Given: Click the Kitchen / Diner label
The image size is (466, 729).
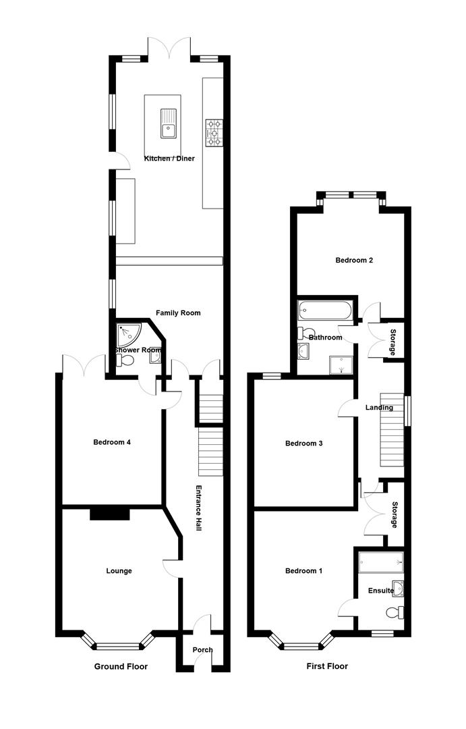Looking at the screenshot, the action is click(x=169, y=159).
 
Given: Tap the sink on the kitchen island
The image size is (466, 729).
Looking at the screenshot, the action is click(x=169, y=124).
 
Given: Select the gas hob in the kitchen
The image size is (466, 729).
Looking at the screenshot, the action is click(x=214, y=132).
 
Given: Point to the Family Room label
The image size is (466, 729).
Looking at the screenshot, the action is click(x=178, y=313).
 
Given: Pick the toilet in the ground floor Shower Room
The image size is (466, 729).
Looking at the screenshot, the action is click(x=125, y=360).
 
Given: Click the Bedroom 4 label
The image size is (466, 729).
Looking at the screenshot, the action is click(x=111, y=442).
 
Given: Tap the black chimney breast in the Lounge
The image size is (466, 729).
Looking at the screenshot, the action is click(x=110, y=513).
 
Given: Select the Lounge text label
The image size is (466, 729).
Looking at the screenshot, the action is click(x=119, y=571).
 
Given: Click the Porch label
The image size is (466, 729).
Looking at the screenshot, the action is click(x=202, y=650).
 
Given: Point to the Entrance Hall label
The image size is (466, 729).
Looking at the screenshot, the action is click(x=198, y=508).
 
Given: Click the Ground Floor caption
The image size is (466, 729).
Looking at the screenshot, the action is click(x=121, y=666).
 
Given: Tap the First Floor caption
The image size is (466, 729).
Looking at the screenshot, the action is click(x=327, y=666).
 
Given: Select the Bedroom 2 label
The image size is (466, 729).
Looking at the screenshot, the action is click(x=354, y=261).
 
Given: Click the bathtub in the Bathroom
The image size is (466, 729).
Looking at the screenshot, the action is click(x=326, y=310).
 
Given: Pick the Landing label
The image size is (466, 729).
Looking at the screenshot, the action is click(x=379, y=408).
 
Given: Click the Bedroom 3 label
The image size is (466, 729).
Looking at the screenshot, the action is click(x=304, y=443).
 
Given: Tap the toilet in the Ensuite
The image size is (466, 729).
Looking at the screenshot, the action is click(x=395, y=613).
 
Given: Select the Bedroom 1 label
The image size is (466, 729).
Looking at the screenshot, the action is click(x=304, y=571).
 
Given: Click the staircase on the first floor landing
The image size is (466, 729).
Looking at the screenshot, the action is click(x=392, y=429).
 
